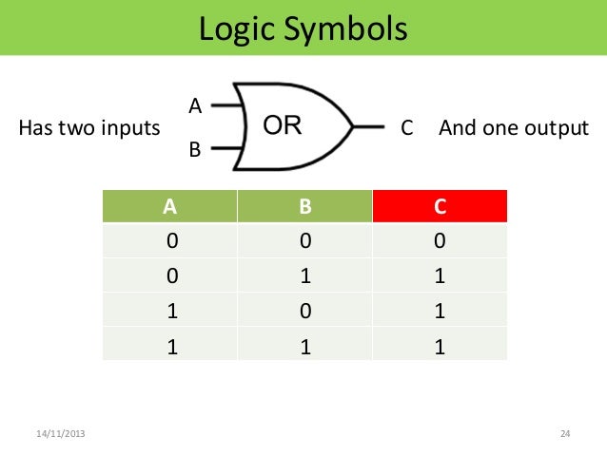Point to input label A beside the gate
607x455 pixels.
tap(194, 104)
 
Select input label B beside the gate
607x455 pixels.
tap(194, 149)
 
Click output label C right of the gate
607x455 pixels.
tap(407, 126)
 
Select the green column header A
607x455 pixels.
tap(171, 205)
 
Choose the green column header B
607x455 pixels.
tap(305, 205)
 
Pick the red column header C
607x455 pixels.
tap(440, 205)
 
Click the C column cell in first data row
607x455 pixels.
tap(440, 241)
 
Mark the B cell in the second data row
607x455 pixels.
tap(305, 276)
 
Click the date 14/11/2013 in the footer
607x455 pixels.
tap(59, 434)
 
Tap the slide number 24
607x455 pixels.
tap(564, 434)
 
